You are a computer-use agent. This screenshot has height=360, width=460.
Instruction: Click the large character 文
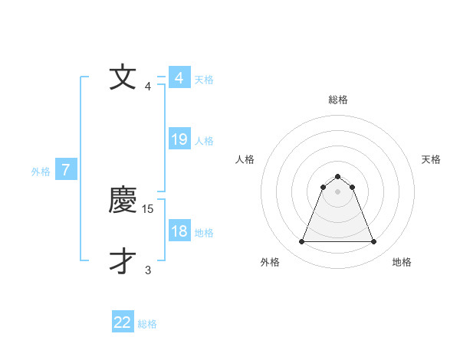123,78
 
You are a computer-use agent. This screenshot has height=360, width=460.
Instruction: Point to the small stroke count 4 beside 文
147,86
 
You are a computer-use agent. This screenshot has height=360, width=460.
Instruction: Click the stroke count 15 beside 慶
149,208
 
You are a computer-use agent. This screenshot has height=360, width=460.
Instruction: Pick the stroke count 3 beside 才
147,270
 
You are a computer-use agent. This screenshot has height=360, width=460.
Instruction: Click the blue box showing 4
179,78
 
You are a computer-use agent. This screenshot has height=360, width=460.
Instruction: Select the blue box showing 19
179,139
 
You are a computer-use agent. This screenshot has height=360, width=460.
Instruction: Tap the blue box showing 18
179,231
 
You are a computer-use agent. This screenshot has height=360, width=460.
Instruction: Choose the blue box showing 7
66,170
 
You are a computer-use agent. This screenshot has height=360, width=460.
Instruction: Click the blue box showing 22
123,322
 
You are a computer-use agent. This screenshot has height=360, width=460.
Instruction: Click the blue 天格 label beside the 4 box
204,79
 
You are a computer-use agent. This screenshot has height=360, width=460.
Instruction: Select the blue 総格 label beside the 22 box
147,324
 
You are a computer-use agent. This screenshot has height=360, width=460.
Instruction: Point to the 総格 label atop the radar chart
337,100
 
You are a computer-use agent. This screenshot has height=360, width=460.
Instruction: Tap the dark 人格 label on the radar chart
245,159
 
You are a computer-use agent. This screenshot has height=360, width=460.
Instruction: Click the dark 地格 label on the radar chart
402,262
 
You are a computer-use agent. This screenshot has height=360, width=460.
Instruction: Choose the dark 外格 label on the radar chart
270,262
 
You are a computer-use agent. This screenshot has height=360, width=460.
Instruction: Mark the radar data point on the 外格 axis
301,242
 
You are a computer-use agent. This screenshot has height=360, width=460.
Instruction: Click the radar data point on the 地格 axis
374,242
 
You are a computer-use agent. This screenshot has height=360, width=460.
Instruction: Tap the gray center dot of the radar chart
337,191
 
